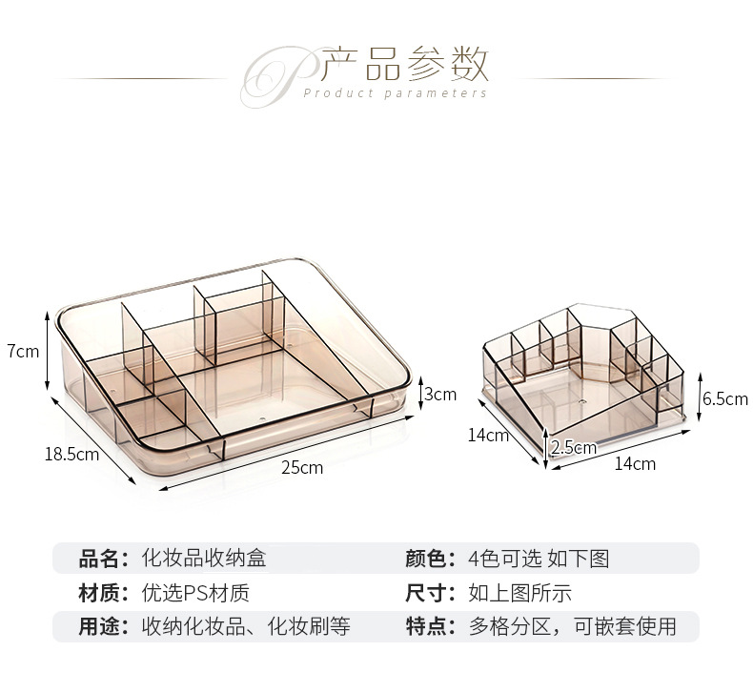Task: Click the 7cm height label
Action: tap(23, 351)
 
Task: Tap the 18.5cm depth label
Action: tap(71, 454)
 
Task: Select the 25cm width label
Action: tap(302, 467)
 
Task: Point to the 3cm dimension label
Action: tap(439, 394)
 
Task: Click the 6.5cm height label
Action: tap(724, 399)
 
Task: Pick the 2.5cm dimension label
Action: tap(573, 447)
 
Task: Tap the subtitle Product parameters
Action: tap(395, 93)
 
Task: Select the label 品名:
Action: tap(103, 559)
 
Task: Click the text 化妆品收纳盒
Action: tap(204, 559)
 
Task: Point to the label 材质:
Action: tap(103, 593)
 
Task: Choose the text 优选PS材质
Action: tap(195, 593)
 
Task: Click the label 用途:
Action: tap(103, 626)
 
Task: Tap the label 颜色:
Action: tap(430, 559)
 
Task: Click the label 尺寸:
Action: tap(430, 593)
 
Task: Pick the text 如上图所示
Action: tap(520, 593)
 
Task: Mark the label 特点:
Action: tap(430, 626)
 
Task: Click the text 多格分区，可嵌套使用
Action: tap(572, 626)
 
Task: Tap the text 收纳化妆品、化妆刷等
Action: tap(246, 626)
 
